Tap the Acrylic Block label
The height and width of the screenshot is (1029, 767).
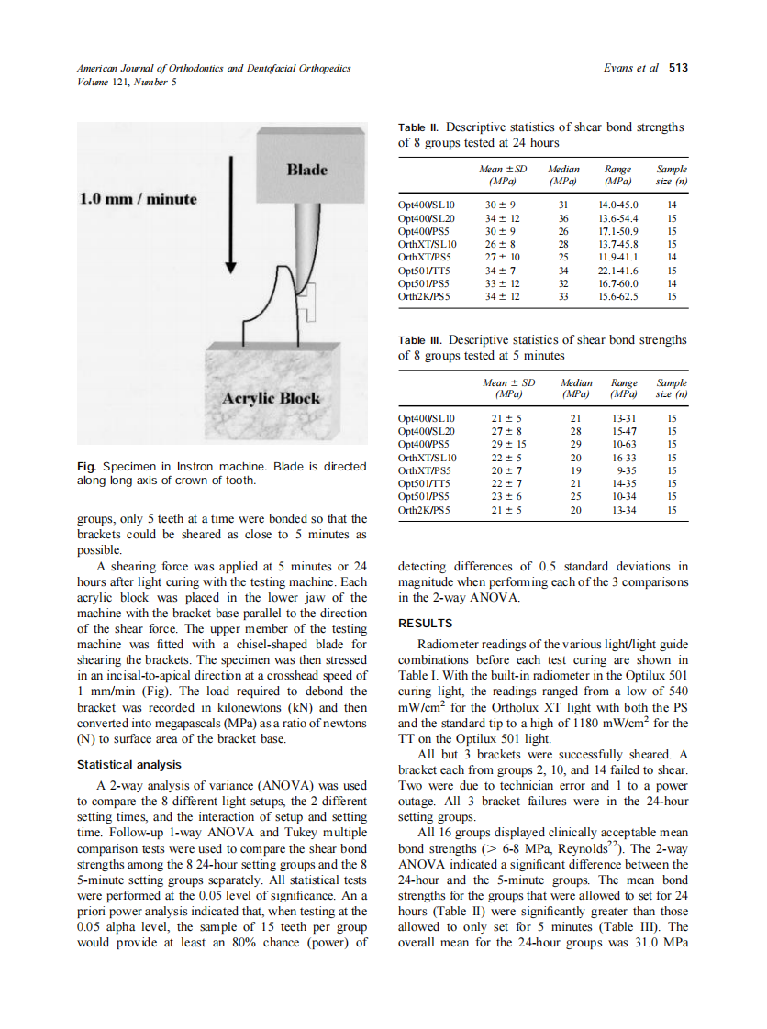(x=272, y=397)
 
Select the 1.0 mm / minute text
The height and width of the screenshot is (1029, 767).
(x=139, y=199)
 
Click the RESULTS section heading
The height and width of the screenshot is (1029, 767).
(x=425, y=624)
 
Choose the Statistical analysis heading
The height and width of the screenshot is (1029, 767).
(x=129, y=764)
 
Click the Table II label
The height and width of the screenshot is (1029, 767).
(x=418, y=128)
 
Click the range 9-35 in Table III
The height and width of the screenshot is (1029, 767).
(x=624, y=470)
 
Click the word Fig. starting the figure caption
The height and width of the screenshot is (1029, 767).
(x=89, y=467)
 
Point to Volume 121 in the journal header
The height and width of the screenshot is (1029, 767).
(x=106, y=81)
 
